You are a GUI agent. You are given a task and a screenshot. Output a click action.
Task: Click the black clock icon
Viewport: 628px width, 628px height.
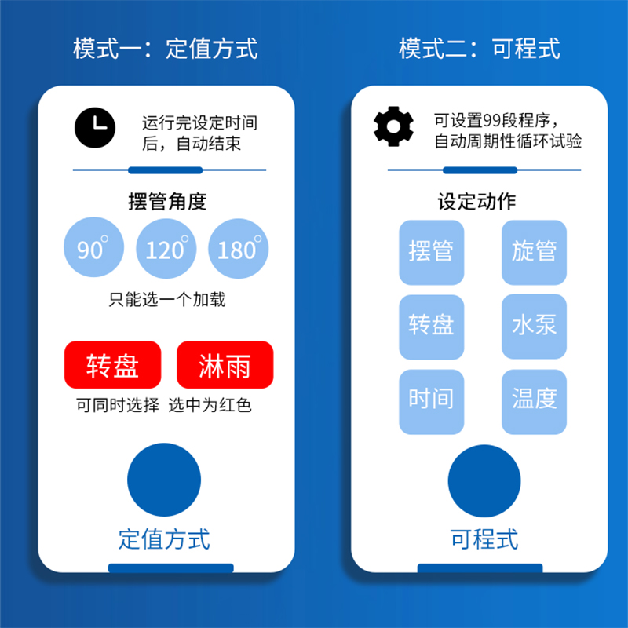point(95,126)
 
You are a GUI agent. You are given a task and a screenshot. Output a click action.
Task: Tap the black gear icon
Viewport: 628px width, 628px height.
point(393,126)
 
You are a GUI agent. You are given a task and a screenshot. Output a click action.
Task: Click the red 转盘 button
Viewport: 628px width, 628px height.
point(113,365)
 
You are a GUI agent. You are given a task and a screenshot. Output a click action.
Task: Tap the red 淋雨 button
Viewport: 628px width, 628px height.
point(225,365)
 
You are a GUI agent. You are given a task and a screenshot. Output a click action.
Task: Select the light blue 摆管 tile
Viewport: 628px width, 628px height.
point(432,253)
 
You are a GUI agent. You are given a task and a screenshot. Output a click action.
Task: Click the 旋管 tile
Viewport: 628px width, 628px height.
point(534,253)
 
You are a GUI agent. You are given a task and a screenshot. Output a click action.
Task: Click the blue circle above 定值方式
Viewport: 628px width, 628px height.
point(164,480)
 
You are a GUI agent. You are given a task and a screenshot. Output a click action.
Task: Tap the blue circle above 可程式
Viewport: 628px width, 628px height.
point(484,481)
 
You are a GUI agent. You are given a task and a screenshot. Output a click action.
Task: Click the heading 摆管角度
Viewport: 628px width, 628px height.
point(167,201)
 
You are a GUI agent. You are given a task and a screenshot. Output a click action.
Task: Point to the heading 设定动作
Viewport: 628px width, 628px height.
point(476,201)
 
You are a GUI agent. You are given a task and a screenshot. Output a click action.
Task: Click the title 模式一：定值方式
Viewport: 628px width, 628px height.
point(166,49)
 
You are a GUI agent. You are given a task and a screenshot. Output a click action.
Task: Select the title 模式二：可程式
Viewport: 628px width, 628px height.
point(480,49)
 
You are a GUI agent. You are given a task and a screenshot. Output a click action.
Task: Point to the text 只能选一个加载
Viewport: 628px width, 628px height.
point(166,300)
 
